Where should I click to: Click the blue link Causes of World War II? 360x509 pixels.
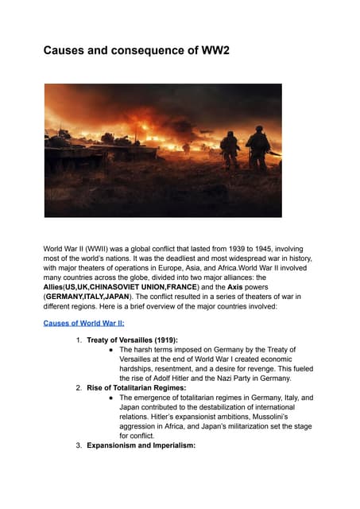tap(83, 323)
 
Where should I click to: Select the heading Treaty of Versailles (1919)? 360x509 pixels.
tap(132, 340)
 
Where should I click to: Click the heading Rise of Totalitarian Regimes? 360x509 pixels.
tap(138, 387)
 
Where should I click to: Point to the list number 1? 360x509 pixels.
tap(79, 340)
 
